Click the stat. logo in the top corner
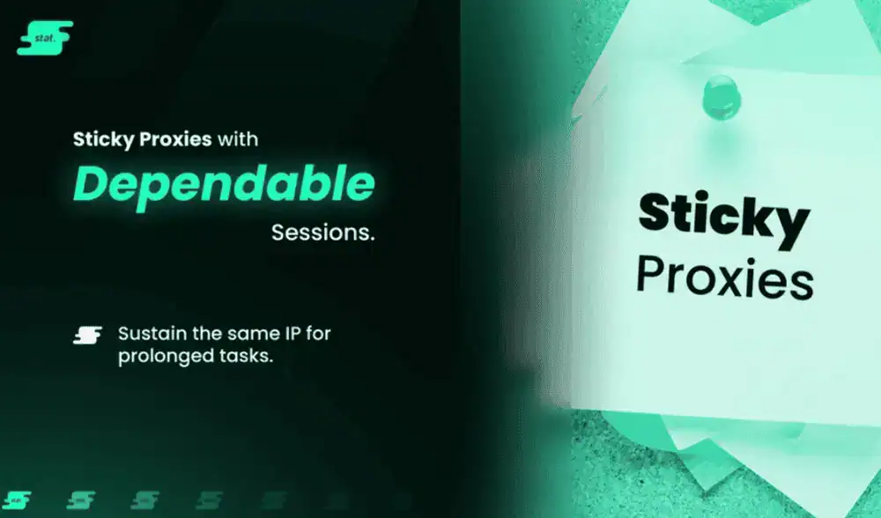pyautogui.click(x=45, y=38)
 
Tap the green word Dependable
pyautogui.click(x=224, y=184)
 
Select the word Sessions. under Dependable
pyautogui.click(x=323, y=233)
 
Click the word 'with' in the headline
pyautogui.click(x=238, y=139)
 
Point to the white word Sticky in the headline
pyautogui.click(x=103, y=139)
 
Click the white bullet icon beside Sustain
pyautogui.click(x=87, y=336)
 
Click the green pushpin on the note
pyautogui.click(x=722, y=99)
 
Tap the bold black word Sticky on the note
pyautogui.click(x=723, y=219)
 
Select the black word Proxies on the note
pyautogui.click(x=725, y=277)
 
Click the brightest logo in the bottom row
pyautogui.click(x=17, y=499)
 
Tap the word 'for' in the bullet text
pyautogui.click(x=318, y=334)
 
